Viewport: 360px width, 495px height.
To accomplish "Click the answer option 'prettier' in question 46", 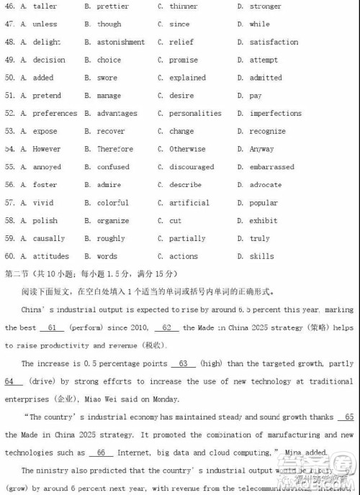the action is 113,6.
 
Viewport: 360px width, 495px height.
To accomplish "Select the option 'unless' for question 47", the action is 45,24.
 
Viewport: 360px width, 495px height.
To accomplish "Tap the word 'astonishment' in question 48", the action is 121,42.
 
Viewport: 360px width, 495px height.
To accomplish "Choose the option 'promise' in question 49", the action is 184,60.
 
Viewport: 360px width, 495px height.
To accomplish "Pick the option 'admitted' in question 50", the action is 266,78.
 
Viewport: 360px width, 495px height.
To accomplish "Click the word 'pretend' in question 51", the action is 47,96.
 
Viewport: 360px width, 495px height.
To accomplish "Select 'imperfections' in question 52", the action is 276,114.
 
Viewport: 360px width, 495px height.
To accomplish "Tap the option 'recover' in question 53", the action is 111,132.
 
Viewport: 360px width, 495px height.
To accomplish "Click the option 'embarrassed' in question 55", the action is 272,167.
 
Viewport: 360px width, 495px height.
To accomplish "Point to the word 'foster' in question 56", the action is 45,185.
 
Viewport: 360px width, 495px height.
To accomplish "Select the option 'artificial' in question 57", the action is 189,203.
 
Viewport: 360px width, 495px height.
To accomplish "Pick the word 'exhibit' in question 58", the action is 264,221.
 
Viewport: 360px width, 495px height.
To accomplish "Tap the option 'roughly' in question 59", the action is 111,239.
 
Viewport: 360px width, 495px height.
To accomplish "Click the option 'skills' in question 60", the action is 262,256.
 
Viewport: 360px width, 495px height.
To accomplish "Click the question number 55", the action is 9,167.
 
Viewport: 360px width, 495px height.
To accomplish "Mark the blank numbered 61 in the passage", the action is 51,327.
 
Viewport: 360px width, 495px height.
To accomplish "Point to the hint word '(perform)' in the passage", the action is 86,327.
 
